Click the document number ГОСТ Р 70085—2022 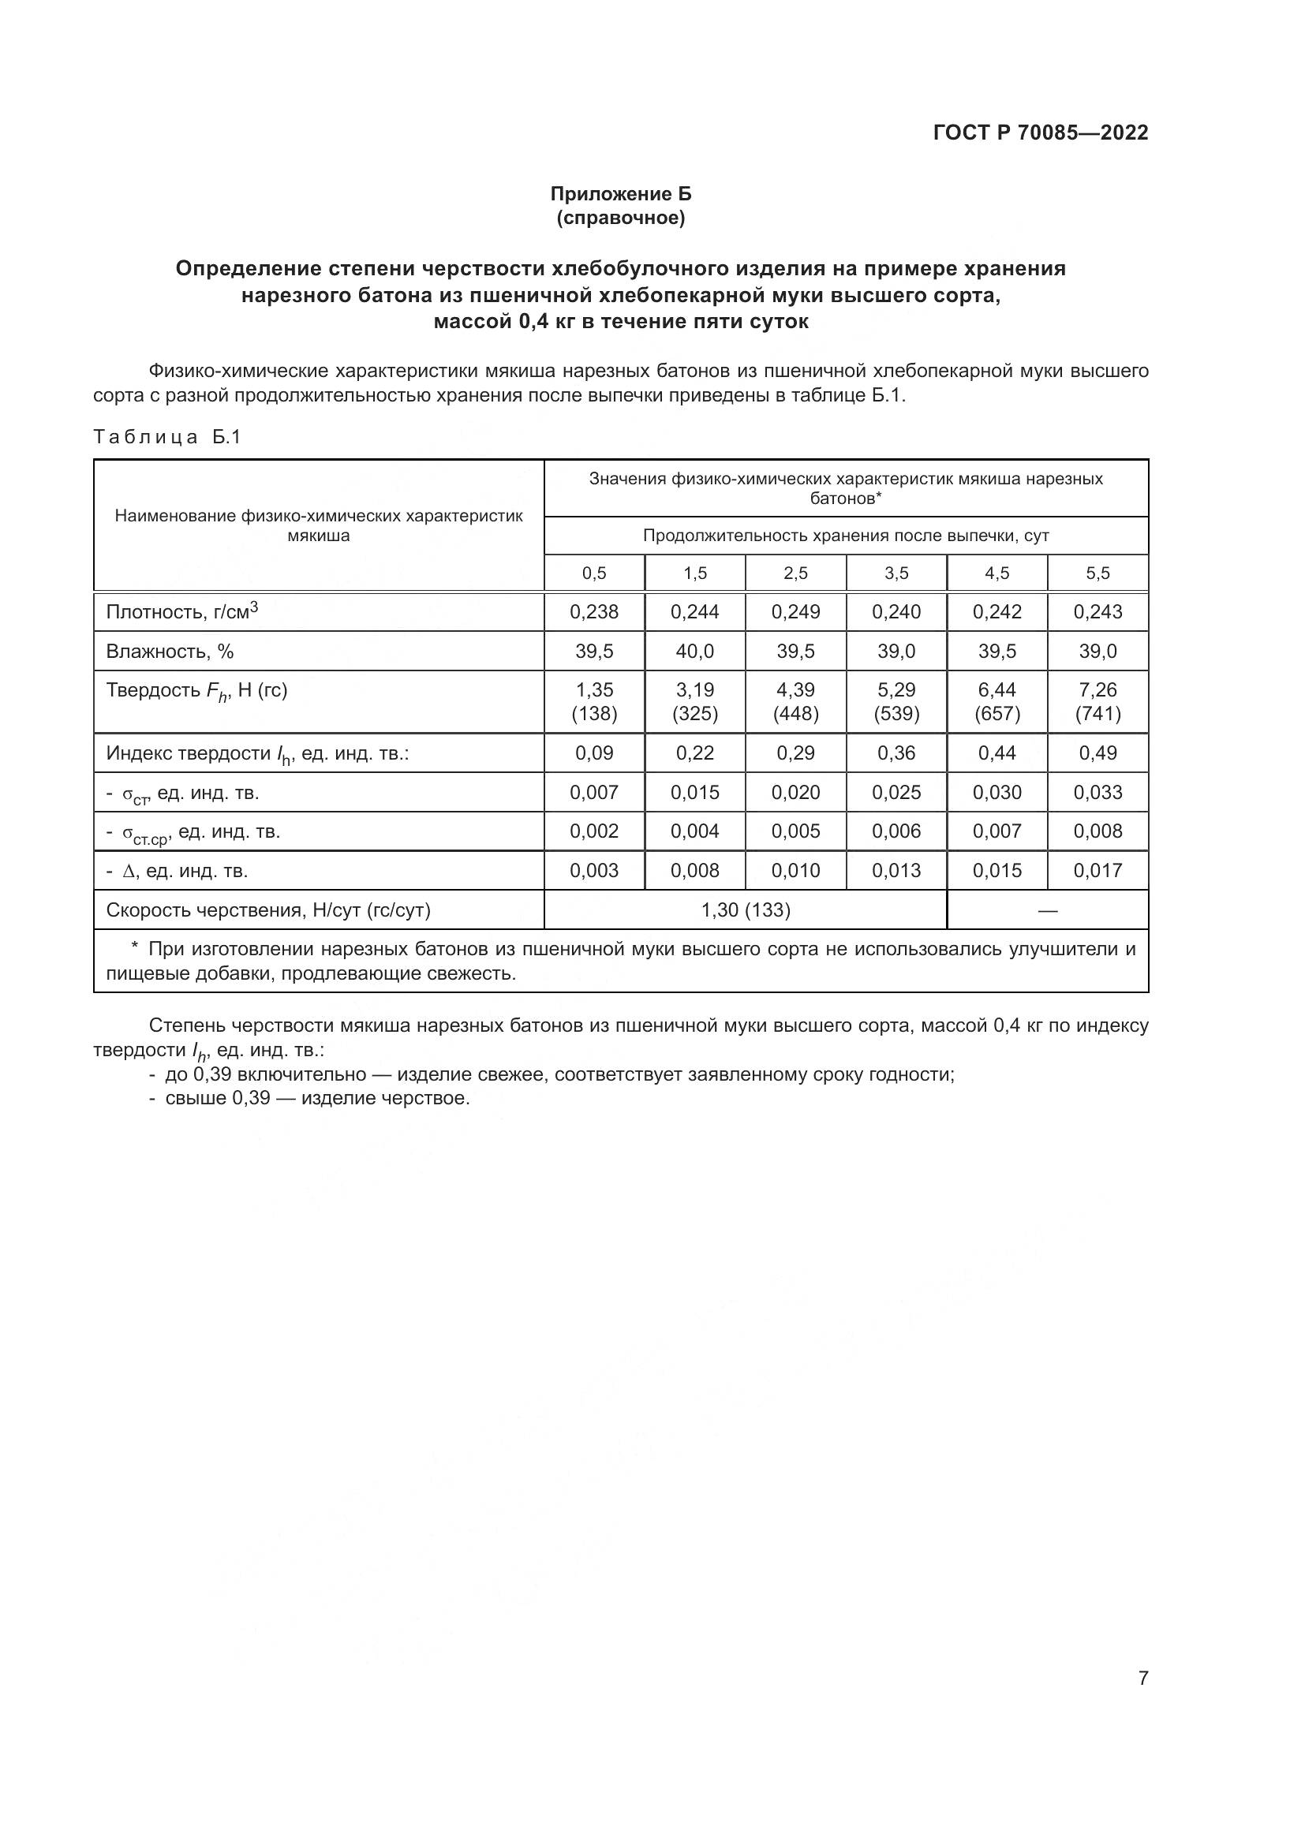point(1041,133)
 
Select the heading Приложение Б point(620,194)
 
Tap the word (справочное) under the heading point(620,218)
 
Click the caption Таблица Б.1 point(167,437)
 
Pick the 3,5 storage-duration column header point(896,573)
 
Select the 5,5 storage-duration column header point(1097,573)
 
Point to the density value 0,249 point(795,611)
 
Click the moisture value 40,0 point(694,651)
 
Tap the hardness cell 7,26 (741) point(1097,701)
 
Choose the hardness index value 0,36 point(896,753)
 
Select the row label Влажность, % point(170,651)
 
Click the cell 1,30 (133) point(745,909)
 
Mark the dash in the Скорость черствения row point(1047,910)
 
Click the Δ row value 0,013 point(896,870)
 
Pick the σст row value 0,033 point(1097,792)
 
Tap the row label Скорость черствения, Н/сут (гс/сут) point(268,909)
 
